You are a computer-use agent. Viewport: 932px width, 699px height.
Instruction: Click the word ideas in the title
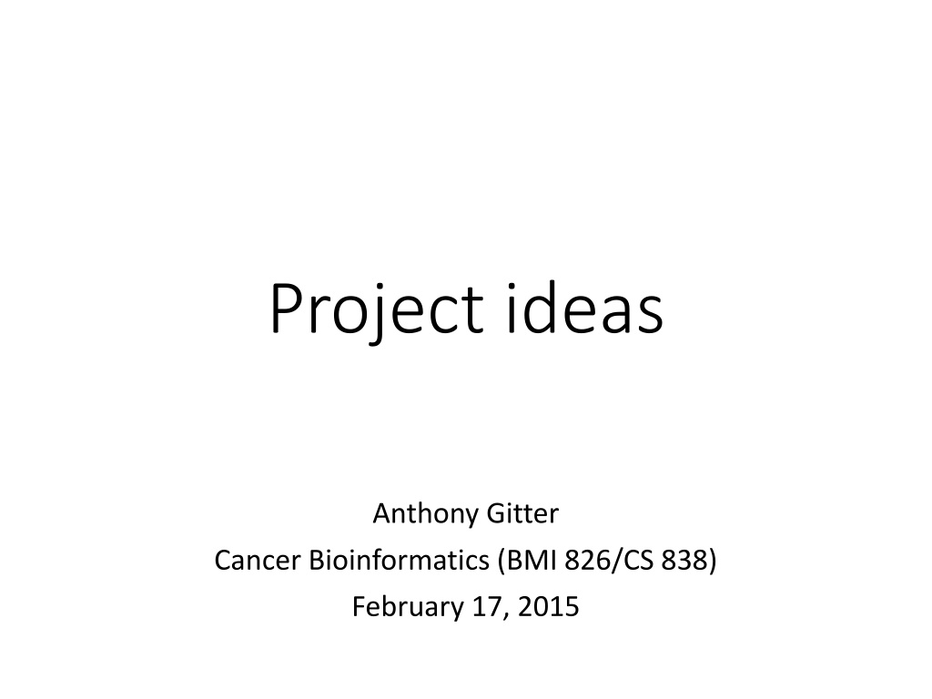584,307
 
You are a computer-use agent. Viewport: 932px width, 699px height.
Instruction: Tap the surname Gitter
522,513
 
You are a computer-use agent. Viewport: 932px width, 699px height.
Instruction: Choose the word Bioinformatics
399,560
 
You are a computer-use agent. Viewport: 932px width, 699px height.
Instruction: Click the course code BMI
531,560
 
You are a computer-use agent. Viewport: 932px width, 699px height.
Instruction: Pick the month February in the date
407,608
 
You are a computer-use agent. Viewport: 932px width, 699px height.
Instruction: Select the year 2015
548,607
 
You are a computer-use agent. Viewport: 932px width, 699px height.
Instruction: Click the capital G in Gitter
496,514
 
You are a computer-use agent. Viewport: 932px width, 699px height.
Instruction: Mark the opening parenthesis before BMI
501,562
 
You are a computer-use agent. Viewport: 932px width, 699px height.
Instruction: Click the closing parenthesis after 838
712,562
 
